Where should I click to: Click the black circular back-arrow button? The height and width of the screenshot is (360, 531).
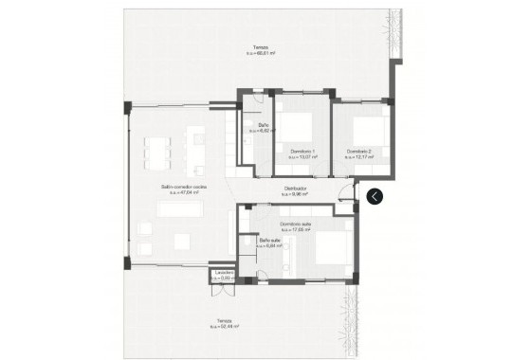(375, 196)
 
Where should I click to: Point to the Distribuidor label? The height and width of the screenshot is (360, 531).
(295, 189)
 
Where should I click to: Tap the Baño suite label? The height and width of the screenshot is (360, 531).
(270, 240)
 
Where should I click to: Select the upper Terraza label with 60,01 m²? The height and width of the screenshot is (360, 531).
(260, 48)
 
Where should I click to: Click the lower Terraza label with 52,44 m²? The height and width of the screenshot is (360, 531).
(225, 320)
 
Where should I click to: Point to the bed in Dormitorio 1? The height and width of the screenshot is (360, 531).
(302, 126)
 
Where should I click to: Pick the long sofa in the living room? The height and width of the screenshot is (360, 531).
(180, 209)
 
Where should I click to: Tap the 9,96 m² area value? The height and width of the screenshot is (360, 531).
(295, 194)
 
